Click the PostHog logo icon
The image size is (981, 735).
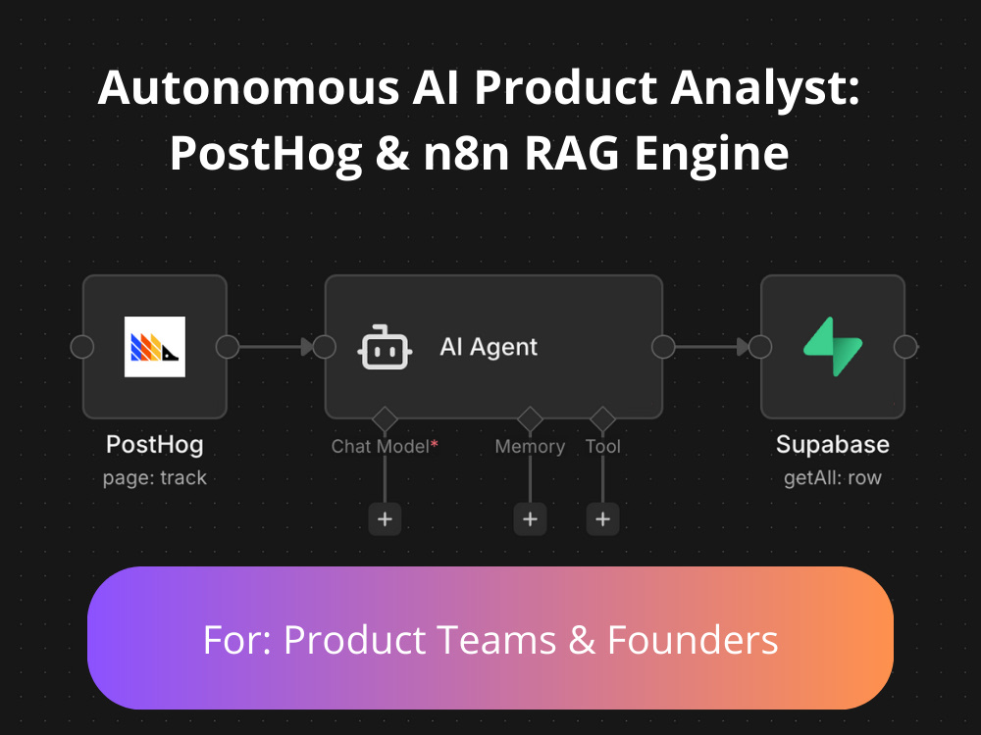(155, 347)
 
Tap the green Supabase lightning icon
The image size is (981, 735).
(833, 347)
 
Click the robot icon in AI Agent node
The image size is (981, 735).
(385, 348)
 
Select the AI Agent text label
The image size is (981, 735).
(489, 347)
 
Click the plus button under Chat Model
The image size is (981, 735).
(385, 518)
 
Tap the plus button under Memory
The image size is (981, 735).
(530, 518)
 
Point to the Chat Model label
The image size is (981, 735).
(381, 446)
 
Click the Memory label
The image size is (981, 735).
(530, 447)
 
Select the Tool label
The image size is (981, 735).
(603, 446)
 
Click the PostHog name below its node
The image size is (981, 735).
(155, 444)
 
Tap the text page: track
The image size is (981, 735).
(155, 478)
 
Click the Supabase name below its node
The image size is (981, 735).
(833, 444)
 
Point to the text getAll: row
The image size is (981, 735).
(833, 478)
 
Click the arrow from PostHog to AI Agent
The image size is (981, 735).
(276, 347)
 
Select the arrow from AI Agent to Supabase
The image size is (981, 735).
(712, 347)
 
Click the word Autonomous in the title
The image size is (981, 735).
(248, 87)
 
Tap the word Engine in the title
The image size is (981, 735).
(712, 154)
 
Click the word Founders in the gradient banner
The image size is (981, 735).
(693, 640)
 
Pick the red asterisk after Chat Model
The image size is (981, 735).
(435, 444)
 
